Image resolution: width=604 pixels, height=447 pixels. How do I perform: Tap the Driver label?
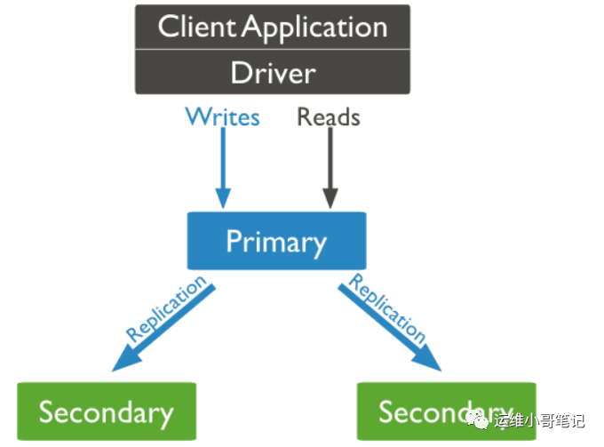tap(273, 72)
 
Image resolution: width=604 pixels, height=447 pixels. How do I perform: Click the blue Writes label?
tap(222, 116)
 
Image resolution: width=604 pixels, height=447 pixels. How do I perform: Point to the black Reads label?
tap(329, 116)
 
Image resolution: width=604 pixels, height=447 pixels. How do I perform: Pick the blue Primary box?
tap(276, 241)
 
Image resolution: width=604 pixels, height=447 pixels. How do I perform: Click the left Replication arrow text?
tap(165, 308)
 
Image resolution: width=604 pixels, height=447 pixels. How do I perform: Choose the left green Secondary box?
tap(107, 412)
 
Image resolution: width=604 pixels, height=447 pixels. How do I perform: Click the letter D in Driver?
tap(242, 72)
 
